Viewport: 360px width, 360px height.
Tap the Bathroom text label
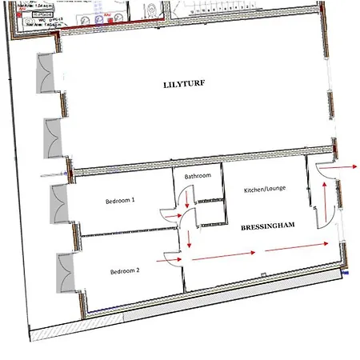tap(198, 175)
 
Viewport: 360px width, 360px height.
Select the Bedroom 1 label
tap(121, 201)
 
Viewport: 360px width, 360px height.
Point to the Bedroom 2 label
tap(125, 272)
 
